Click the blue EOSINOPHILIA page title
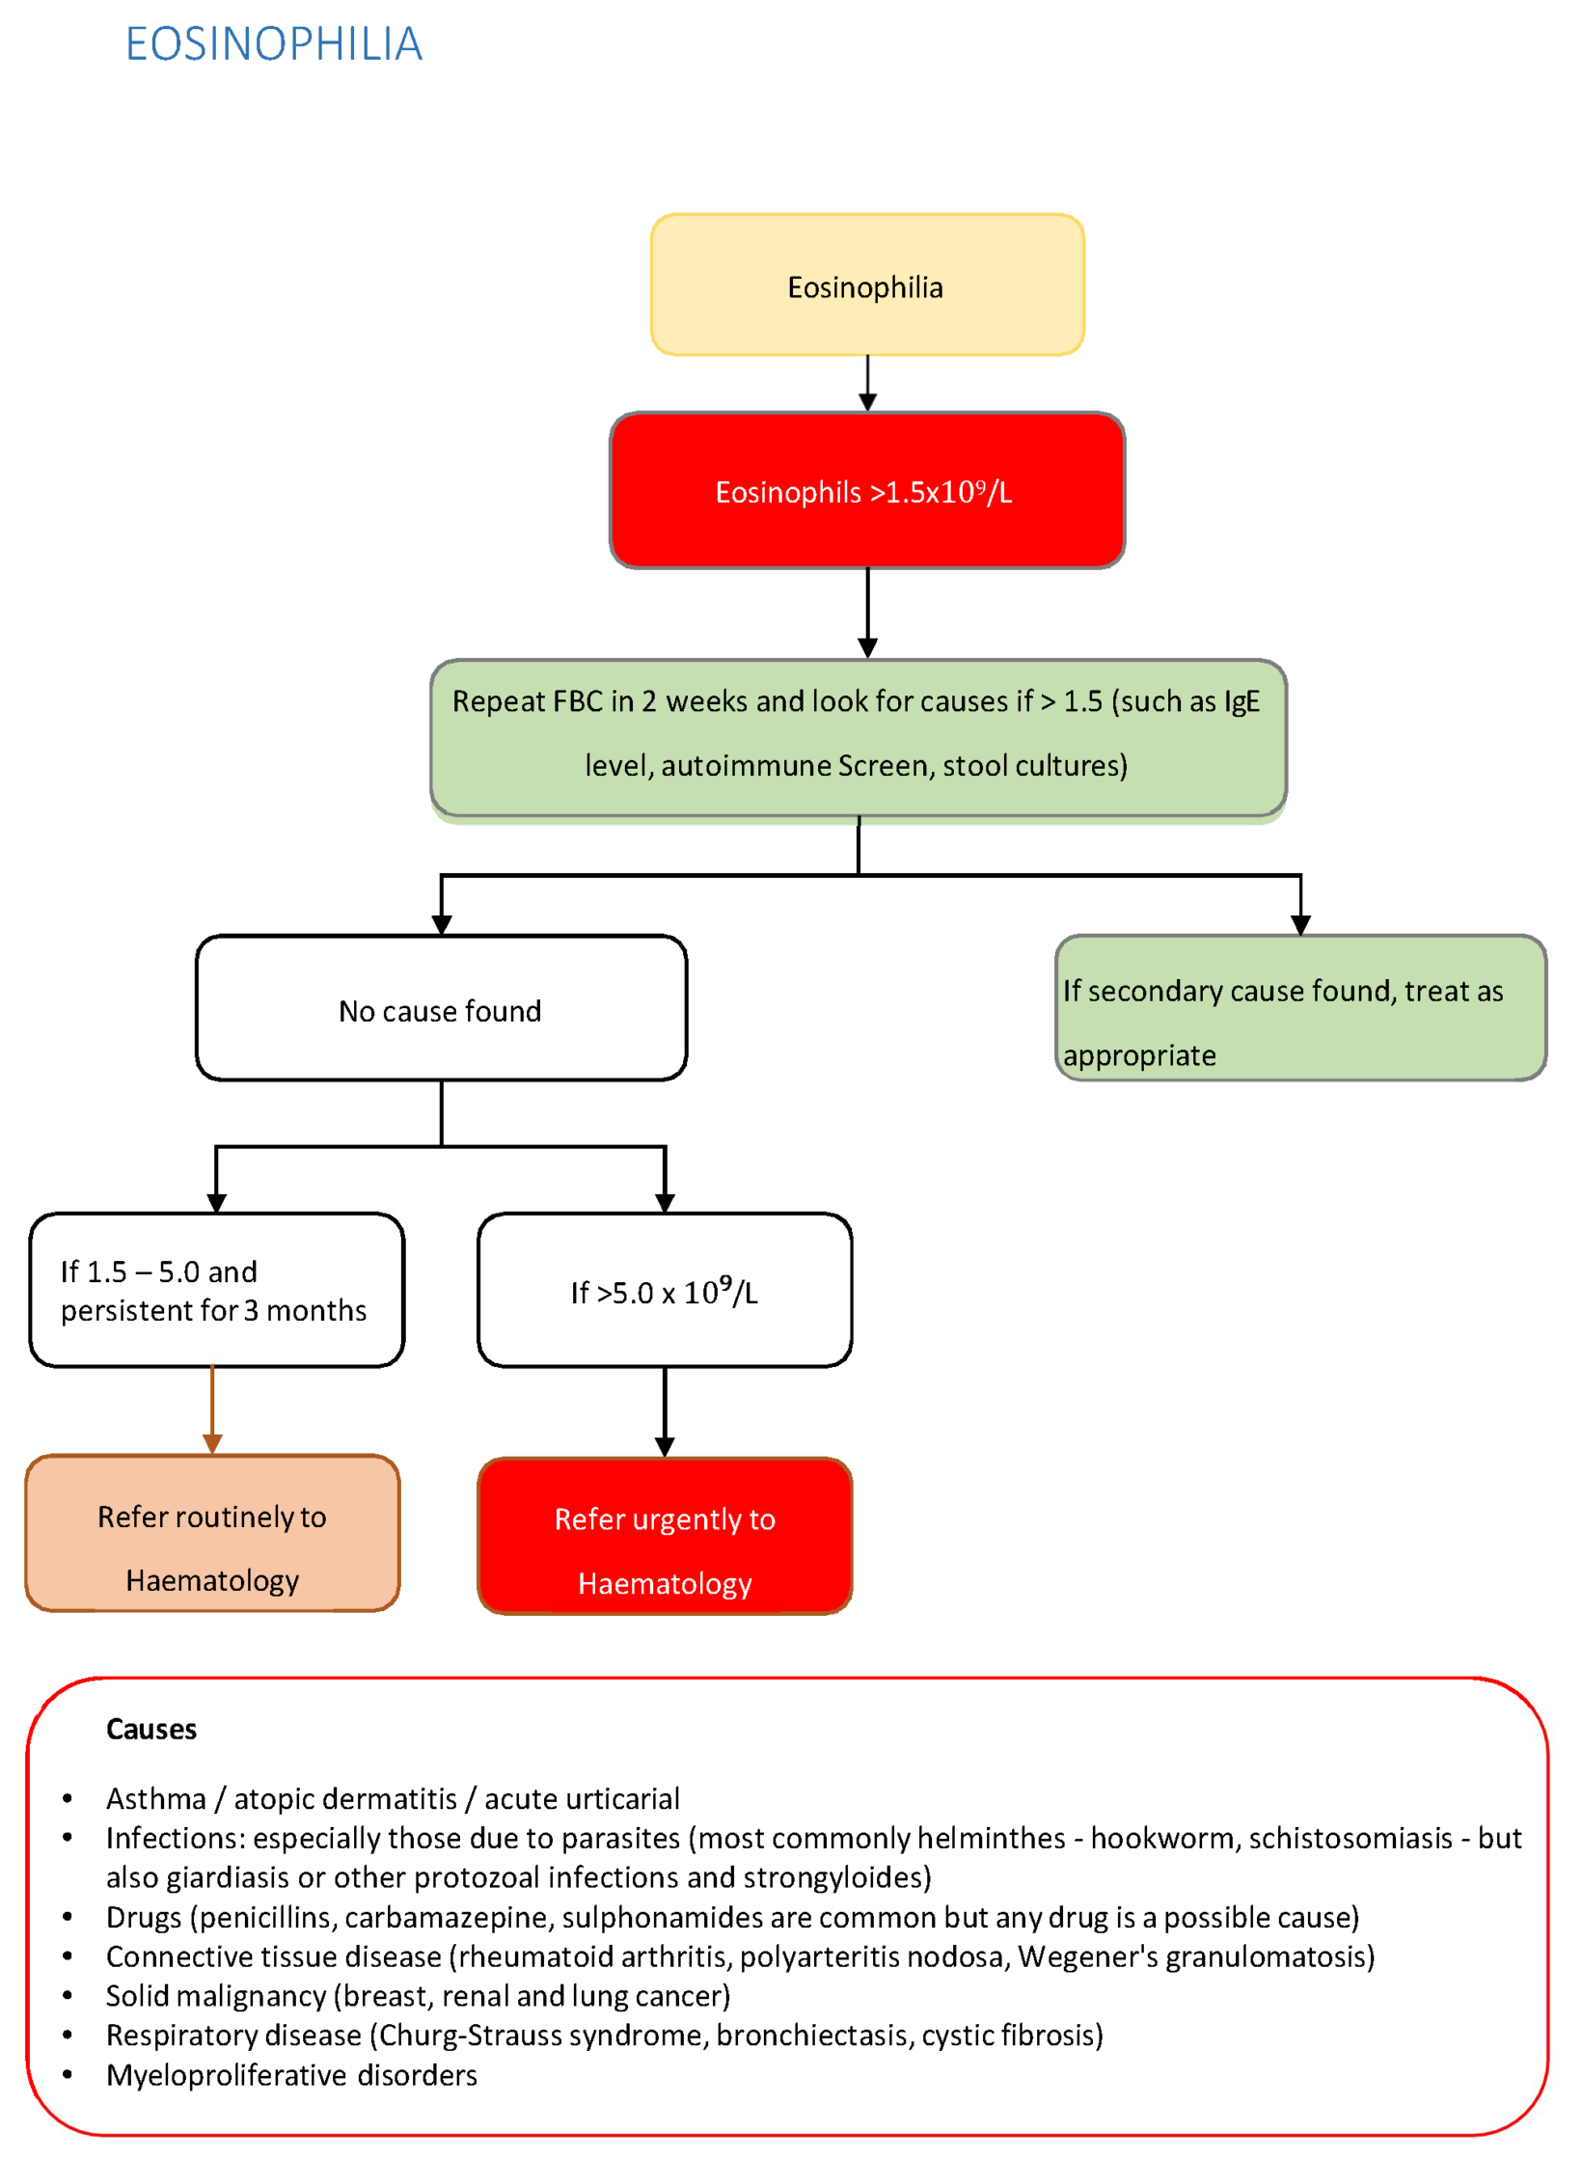coord(274,44)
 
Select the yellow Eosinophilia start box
coord(866,286)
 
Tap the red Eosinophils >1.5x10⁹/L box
coord(866,491)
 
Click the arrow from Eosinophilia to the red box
coord(867,384)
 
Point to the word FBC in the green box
coord(579,701)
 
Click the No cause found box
coord(441,1009)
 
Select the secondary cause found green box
coord(1299,1008)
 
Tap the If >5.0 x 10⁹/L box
coord(665,1291)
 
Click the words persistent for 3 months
coord(213,1310)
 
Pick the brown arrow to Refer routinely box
coord(212,1410)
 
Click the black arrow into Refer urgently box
coord(665,1413)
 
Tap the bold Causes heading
coord(151,1729)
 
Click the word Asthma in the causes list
coord(156,1799)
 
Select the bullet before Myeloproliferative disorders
coord(68,2075)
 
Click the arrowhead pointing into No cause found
coord(442,925)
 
